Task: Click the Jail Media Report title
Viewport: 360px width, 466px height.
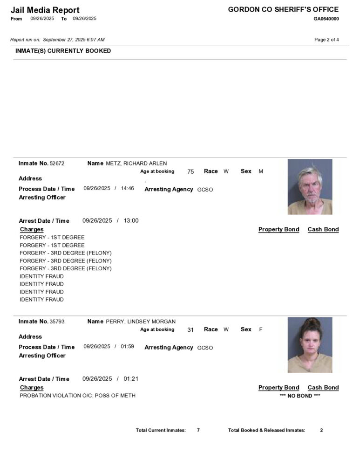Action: tap(45, 10)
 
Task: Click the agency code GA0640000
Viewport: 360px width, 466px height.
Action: tap(326, 19)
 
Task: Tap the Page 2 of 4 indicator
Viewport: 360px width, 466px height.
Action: tap(326, 40)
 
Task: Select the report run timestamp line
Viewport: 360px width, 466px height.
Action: tap(57, 40)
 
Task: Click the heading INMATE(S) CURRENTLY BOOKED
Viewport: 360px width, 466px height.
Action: tap(63, 51)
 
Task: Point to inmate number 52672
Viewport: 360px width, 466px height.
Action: tap(57, 164)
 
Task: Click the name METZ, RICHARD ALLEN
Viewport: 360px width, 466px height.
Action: tap(136, 164)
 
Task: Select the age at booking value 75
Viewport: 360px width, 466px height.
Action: tap(190, 171)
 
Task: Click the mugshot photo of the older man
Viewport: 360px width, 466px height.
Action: tap(310, 187)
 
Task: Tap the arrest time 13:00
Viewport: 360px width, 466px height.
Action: tap(131, 220)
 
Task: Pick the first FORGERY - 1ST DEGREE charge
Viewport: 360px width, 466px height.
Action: tap(52, 237)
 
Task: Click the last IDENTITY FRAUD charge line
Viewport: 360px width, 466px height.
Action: tap(42, 299)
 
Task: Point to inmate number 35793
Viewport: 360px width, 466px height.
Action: tap(57, 322)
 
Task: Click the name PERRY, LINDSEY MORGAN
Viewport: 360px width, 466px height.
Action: tap(141, 322)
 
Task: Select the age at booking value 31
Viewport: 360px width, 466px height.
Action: tap(190, 329)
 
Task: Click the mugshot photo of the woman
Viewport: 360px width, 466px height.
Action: tap(310, 345)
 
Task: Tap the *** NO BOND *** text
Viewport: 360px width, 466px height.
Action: tap(300, 396)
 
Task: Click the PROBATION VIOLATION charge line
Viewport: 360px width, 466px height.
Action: tap(78, 396)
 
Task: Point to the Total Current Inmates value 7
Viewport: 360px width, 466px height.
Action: tap(198, 430)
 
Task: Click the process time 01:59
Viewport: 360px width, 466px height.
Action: tap(128, 346)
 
